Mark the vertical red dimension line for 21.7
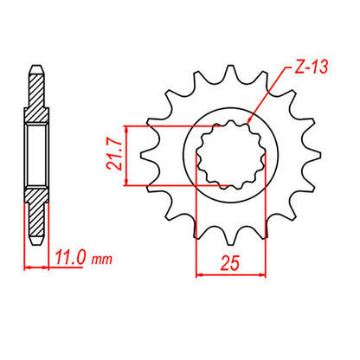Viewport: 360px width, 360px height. [128, 156]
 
